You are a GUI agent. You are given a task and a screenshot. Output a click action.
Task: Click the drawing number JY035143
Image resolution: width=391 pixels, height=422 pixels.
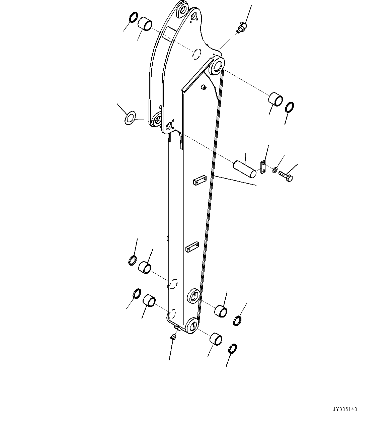(345, 409)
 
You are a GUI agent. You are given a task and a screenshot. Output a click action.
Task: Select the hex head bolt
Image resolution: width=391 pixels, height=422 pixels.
(286, 176)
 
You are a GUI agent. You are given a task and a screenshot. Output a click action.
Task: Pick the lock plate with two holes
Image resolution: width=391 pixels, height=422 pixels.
(263, 167)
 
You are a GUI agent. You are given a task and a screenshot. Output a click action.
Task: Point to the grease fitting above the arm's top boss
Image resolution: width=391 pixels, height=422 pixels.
(241, 27)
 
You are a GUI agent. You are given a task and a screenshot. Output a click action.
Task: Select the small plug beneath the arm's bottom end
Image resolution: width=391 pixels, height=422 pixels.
(173, 337)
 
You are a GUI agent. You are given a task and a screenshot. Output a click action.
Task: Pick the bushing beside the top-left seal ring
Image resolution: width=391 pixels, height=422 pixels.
(145, 24)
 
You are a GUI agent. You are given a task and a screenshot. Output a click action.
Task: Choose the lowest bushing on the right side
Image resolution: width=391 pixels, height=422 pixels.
(216, 339)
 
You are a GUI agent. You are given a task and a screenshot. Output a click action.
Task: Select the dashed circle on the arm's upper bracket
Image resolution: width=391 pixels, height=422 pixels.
(197, 54)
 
